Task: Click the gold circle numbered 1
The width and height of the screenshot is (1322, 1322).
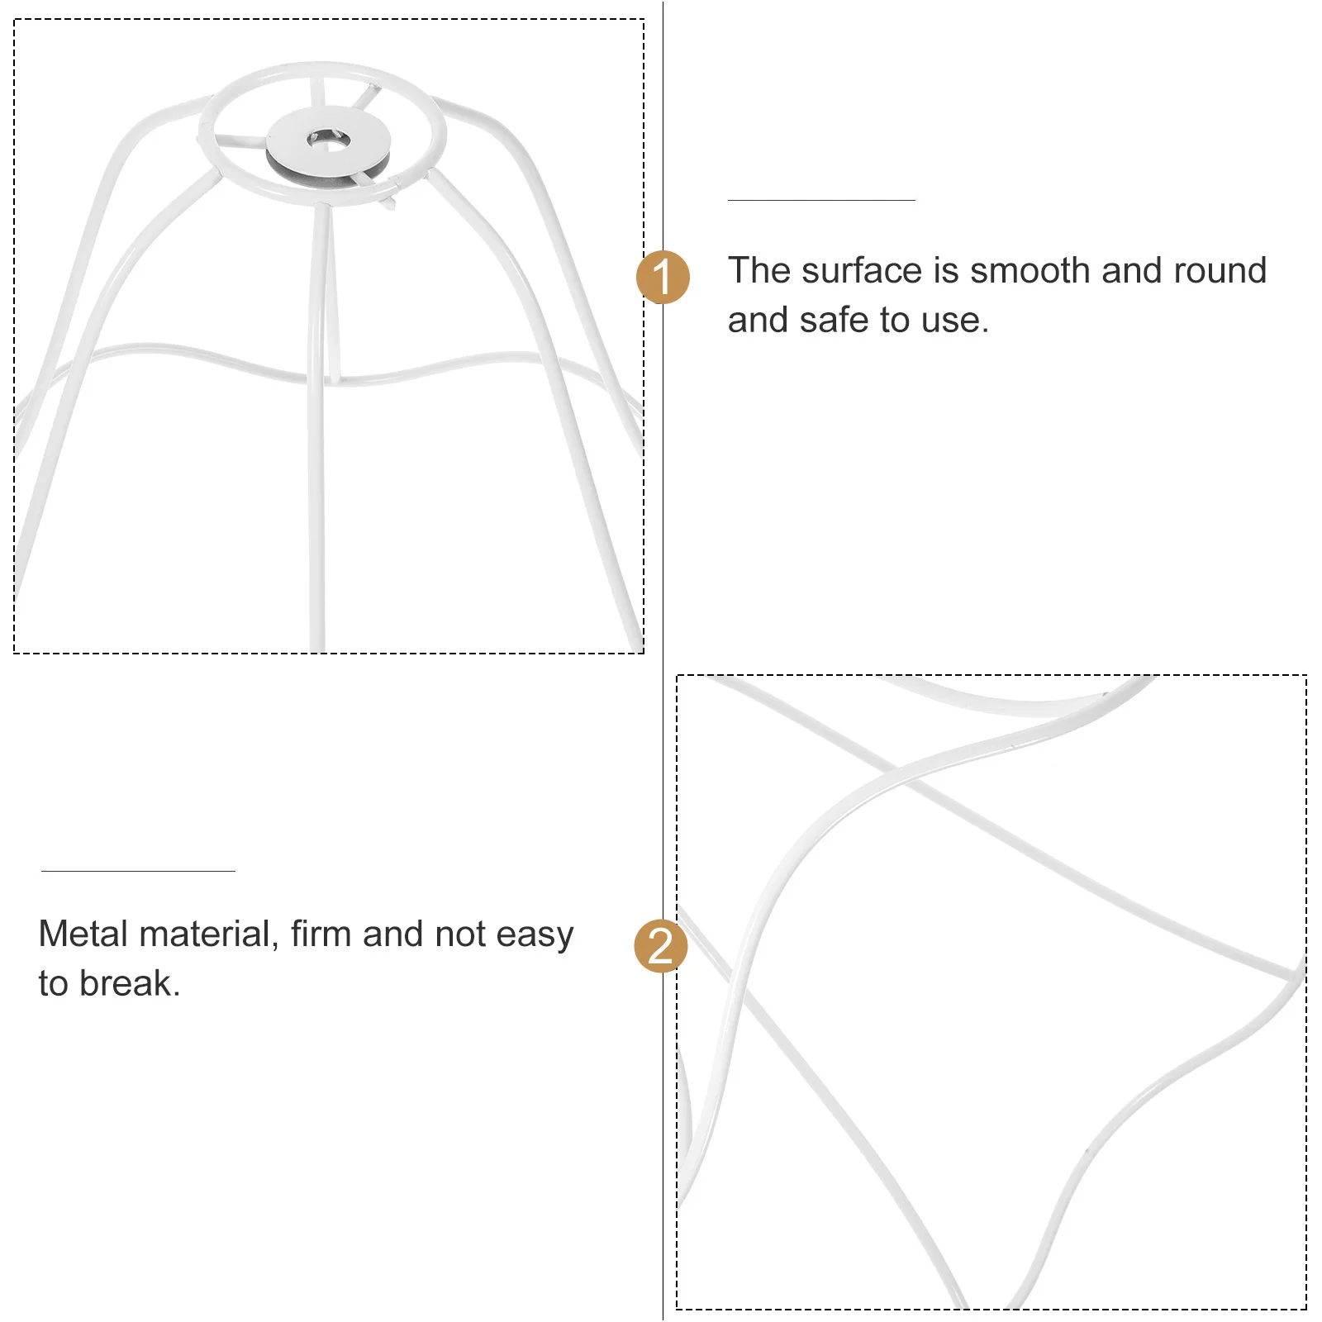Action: click(x=663, y=277)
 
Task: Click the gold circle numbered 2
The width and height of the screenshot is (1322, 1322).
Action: click(x=661, y=945)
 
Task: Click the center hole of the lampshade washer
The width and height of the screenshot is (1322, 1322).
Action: click(x=328, y=139)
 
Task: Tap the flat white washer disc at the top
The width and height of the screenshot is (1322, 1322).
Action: click(x=364, y=132)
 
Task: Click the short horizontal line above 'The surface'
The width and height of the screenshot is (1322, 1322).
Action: click(x=821, y=200)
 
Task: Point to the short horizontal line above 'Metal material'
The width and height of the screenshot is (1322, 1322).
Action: click(x=138, y=871)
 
